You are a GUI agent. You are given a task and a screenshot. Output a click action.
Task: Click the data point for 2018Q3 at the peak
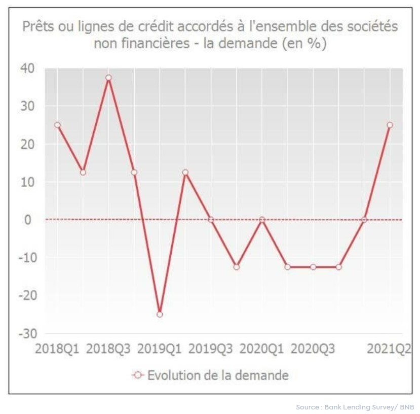tap(108, 78)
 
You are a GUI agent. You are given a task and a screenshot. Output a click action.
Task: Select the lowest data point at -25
tap(160, 314)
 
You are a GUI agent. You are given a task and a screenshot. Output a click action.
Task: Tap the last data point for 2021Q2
tap(390, 125)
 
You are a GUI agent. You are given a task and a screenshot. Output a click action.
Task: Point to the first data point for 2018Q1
tap(57, 125)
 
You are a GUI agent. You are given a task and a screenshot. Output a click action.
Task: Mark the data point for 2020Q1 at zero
tap(262, 220)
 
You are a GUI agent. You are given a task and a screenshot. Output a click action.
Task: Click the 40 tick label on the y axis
tap(30, 68)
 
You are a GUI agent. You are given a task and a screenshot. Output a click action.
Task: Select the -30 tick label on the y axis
tap(28, 333)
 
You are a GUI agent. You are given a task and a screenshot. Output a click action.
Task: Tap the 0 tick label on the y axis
tap(34, 220)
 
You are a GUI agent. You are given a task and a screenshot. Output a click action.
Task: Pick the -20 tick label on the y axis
tap(28, 295)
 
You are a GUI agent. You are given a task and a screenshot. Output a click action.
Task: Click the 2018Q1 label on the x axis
tap(57, 349)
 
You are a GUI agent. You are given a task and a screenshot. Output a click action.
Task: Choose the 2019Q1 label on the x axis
tap(159, 349)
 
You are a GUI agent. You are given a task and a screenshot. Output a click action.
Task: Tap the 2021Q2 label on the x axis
tap(389, 349)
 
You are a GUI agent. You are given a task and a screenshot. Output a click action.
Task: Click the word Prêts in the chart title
tap(37, 27)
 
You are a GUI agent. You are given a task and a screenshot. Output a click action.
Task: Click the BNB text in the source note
tap(406, 407)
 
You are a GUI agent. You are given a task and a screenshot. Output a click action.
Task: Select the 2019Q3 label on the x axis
tap(211, 349)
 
